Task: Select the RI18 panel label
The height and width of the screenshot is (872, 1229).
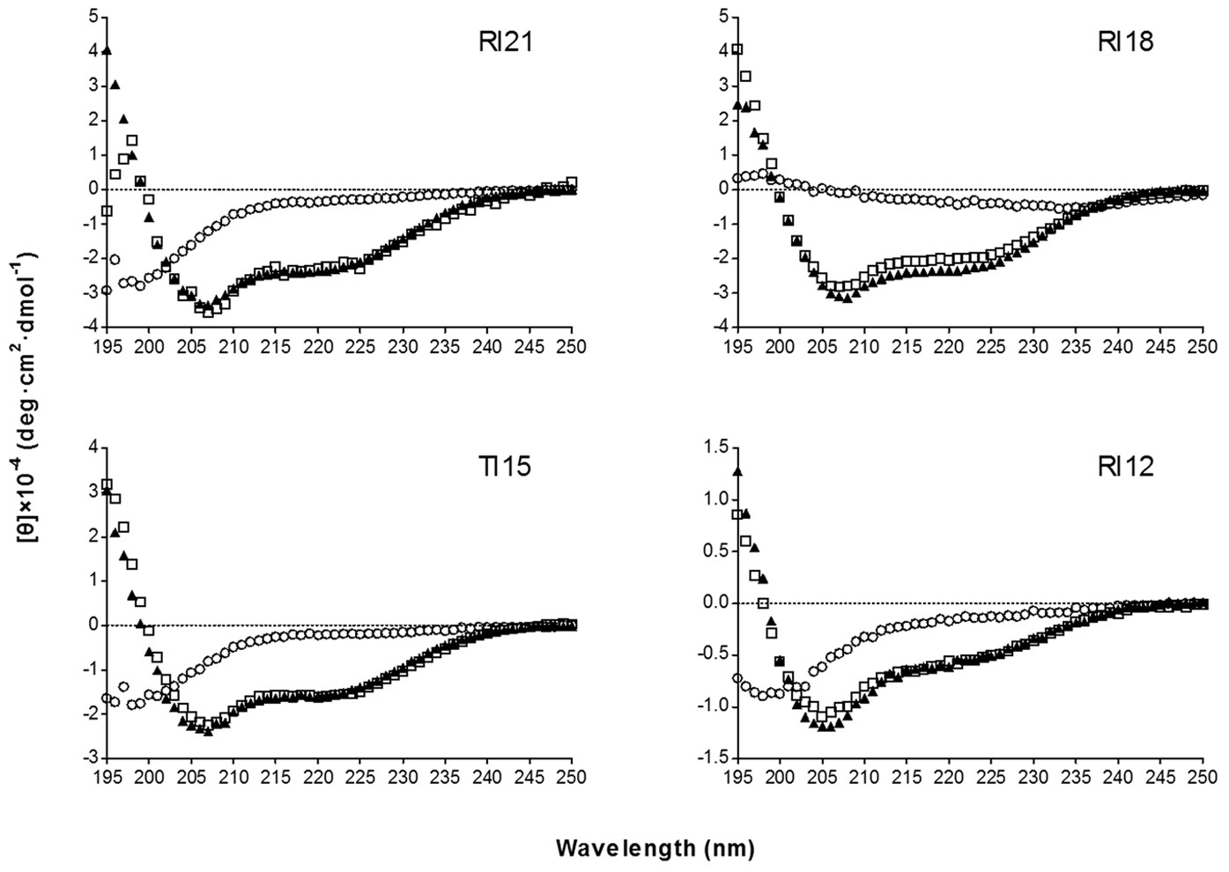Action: tap(1125, 42)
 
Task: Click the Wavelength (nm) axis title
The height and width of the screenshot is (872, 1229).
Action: tap(655, 848)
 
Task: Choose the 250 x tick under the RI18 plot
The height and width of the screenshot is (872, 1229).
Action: tap(1198, 347)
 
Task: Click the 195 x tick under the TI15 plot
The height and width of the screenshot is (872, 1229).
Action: tap(107, 779)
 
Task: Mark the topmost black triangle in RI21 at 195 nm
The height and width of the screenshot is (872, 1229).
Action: tap(107, 51)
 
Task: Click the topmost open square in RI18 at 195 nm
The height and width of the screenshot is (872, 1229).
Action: tap(737, 49)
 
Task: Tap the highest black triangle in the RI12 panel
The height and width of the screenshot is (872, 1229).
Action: tap(737, 472)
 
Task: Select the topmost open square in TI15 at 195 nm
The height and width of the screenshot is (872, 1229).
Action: tap(107, 484)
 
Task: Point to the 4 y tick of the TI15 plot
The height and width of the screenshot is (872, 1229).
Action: tap(93, 449)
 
